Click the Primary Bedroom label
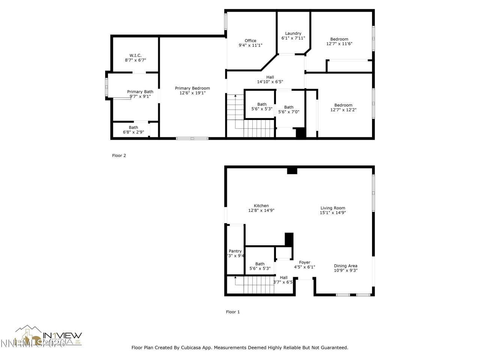192,88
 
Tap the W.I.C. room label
135,55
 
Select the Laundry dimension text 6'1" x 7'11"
293,38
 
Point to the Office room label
250,41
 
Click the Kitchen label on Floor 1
261,206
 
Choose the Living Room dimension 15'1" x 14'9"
333,213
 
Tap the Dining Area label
346,266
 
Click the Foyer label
304,262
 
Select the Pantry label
235,251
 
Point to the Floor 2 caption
119,156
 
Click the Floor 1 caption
232,312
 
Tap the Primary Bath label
140,92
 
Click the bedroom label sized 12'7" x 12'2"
343,105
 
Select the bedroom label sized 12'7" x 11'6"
339,39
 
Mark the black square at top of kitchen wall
292,171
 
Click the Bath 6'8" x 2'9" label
133,127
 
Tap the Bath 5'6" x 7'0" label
289,107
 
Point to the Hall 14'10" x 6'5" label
270,77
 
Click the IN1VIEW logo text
63,335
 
